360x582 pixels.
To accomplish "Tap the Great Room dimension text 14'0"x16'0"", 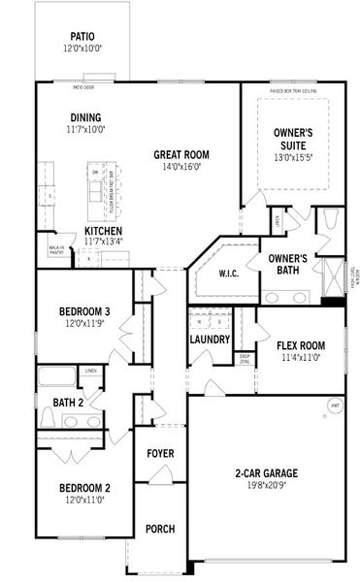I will coord(181,166).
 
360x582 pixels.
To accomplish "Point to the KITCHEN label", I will coord(104,231).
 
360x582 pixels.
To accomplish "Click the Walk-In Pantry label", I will coord(55,250).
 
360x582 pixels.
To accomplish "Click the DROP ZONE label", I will coord(245,359).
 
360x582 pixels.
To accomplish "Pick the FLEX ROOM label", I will coord(300,345).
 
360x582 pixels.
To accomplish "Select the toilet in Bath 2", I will coord(48,417).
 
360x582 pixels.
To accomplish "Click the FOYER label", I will coord(160,454).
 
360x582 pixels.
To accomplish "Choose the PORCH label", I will coord(160,529).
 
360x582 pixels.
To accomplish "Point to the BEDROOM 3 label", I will coord(84,311).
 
